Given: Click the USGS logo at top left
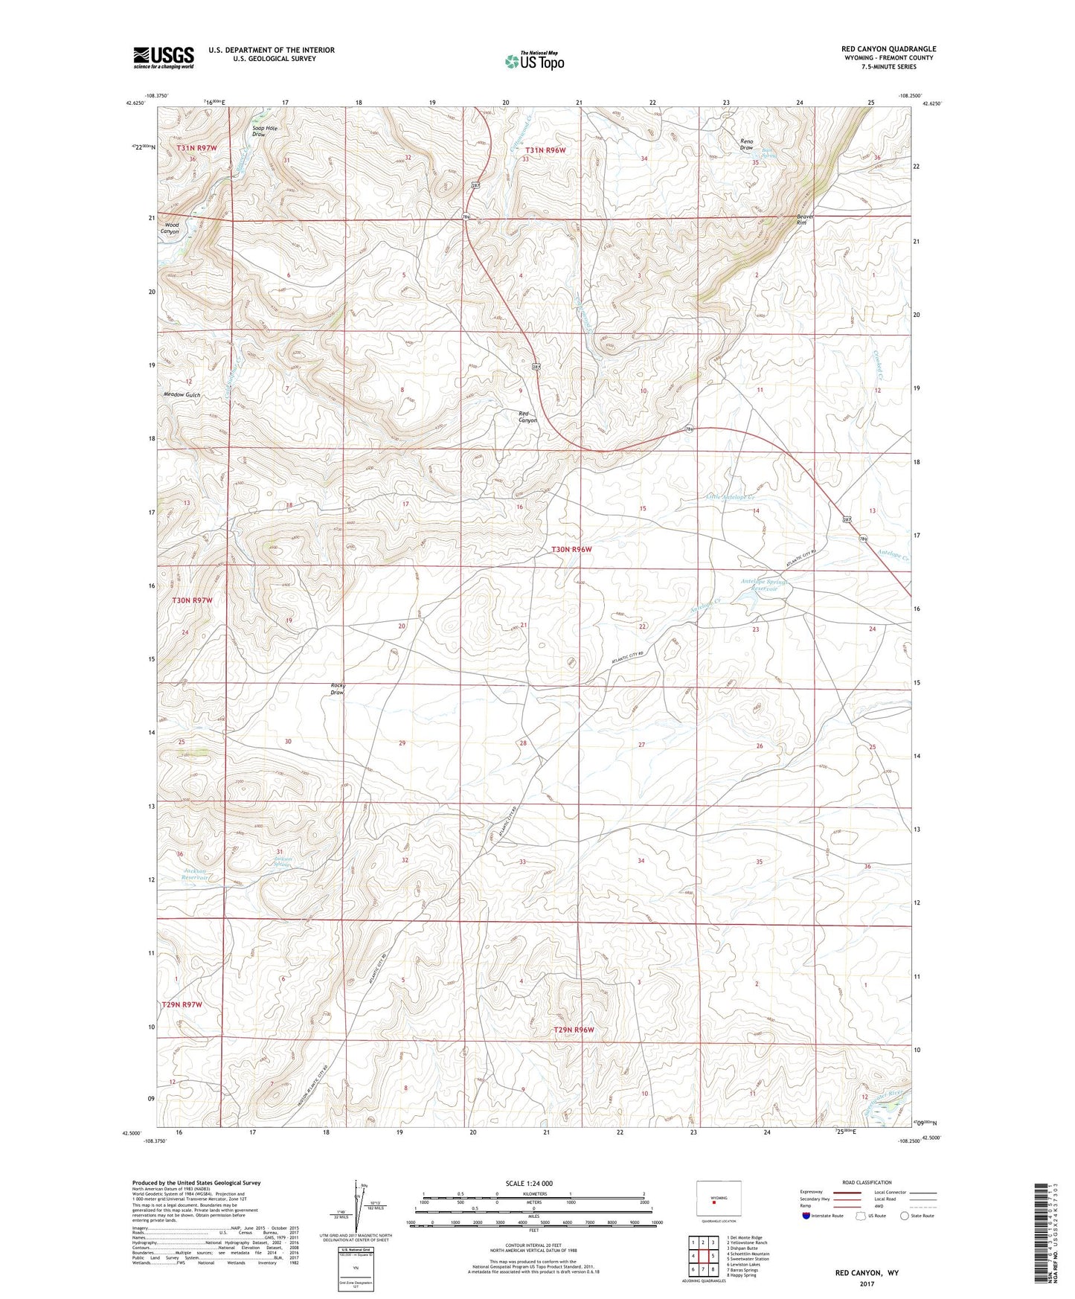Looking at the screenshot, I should [x=164, y=57].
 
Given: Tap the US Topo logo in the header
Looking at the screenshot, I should [x=534, y=61].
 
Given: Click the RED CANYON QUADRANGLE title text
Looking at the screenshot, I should [x=888, y=49].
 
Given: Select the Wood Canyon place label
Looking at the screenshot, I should [x=171, y=228].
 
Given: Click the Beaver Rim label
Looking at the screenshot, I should [x=805, y=219].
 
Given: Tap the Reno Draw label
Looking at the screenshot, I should [x=746, y=144].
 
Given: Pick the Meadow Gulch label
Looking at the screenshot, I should [x=182, y=395].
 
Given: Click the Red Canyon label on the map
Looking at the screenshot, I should [x=527, y=417].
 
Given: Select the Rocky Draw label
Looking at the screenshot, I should [x=338, y=689].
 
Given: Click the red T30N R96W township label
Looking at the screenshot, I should [x=571, y=549].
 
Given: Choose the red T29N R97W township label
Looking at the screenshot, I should [x=182, y=1004].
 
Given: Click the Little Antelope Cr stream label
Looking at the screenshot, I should [x=731, y=497].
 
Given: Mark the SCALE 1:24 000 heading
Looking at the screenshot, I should [x=529, y=1184].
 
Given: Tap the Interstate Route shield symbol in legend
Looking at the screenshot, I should [x=808, y=1216].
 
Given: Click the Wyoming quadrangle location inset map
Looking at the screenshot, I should [x=719, y=1200].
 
